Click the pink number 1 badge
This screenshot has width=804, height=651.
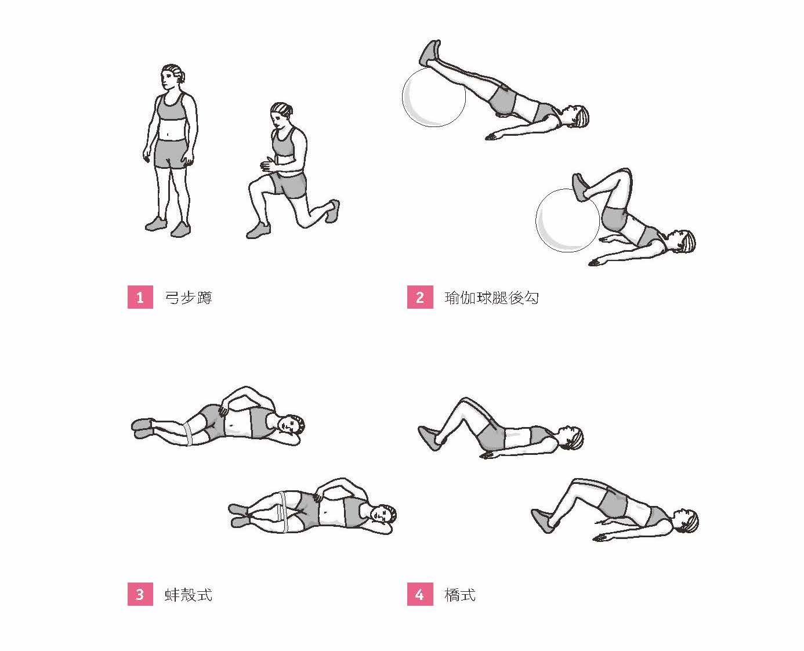point(140,297)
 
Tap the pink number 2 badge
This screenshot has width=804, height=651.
point(420,297)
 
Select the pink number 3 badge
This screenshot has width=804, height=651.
point(140,595)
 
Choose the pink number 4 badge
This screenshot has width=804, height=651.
point(420,595)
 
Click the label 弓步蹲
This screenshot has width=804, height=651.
point(189,298)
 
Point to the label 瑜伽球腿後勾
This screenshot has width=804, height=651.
point(491,298)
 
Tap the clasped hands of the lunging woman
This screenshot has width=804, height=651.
point(267,165)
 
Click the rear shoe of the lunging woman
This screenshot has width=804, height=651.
point(332,211)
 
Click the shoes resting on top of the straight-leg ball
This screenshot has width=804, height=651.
point(430,53)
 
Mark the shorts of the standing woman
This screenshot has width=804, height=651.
point(170,154)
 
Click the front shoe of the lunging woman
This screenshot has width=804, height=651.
point(259,230)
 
